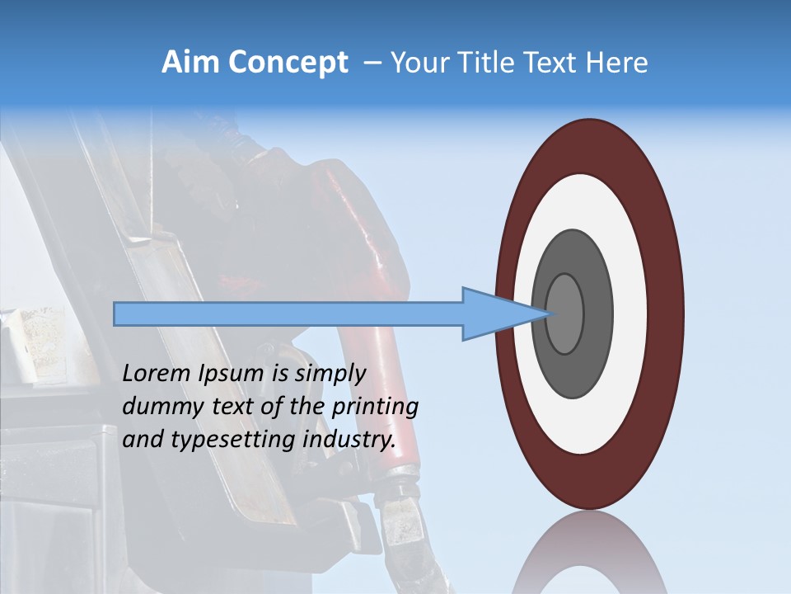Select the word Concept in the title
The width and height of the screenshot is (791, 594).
point(288,63)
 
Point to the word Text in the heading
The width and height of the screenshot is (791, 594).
point(553,63)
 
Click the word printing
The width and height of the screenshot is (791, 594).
point(375,407)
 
